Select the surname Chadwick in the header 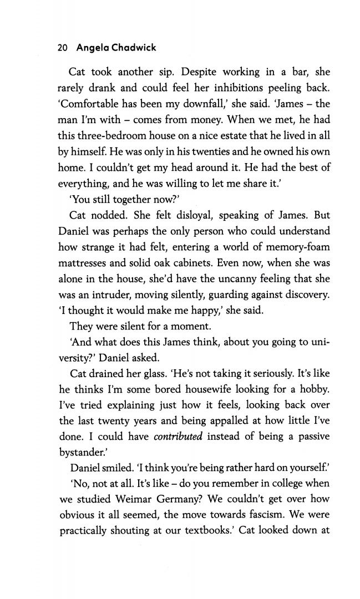tap(134, 48)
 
